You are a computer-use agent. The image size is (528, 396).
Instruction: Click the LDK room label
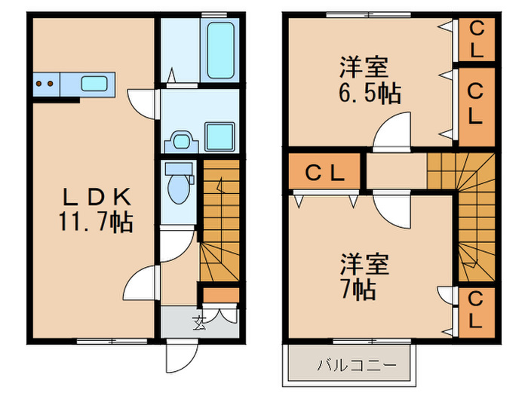(x=97, y=198)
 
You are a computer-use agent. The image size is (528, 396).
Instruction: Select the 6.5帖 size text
(x=369, y=94)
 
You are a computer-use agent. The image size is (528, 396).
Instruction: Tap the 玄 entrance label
(x=199, y=324)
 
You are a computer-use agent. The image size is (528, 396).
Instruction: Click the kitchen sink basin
(x=94, y=84)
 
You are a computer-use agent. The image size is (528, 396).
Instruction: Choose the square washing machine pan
(x=221, y=136)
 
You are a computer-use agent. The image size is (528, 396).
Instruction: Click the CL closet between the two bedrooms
(x=325, y=172)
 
